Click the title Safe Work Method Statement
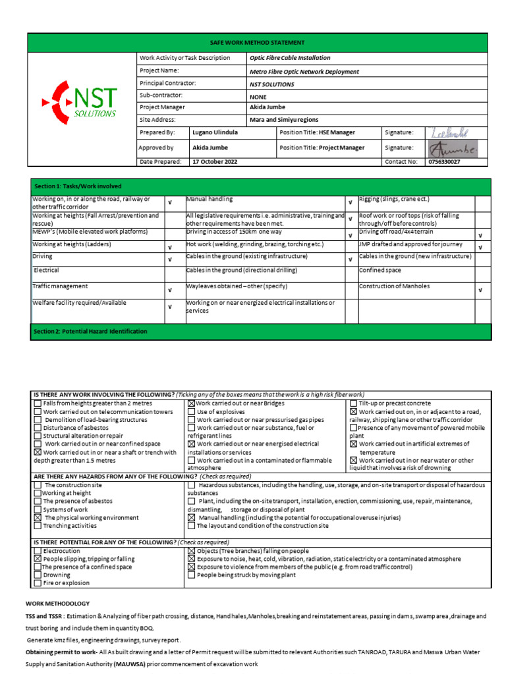click(257, 42)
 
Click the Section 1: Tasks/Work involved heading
click(78, 187)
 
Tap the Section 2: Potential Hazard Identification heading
click(90, 332)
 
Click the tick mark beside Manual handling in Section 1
click(350, 202)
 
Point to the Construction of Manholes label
click(394, 286)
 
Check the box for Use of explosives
click(191, 411)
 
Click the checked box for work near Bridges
click(191, 403)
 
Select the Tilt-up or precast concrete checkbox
click(353, 403)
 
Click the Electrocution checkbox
click(37, 551)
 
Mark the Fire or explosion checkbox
click(37, 583)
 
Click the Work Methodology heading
click(57, 604)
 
